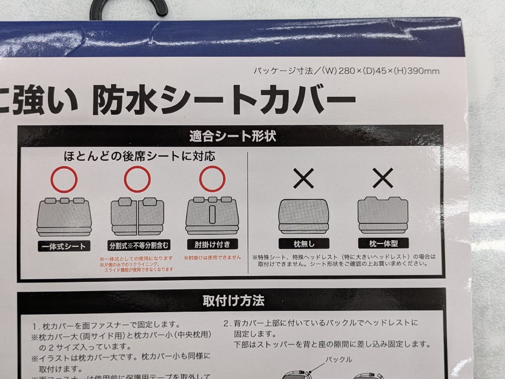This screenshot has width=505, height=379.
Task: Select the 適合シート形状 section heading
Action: pos(233,136)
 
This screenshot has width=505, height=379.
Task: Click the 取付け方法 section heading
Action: pos(233,301)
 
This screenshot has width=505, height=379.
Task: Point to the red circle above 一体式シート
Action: pos(64,180)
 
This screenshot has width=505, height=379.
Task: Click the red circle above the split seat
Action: pos(137,180)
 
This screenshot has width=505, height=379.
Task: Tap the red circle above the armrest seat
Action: pos(212,180)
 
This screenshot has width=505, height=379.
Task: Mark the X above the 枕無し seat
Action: pos(303,179)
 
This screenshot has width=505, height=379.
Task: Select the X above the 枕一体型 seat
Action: pos(383,179)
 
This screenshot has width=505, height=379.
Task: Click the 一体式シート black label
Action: pos(64,246)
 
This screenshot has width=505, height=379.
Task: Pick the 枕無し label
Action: pos(304,244)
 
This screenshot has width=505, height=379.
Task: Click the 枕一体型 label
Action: pos(383,243)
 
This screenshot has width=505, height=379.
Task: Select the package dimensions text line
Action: pos(346,71)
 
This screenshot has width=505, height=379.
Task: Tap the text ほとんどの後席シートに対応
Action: pos(139,156)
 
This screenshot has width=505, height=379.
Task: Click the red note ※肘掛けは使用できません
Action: pos(212,257)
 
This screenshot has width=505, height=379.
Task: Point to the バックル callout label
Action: pos(339,360)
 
